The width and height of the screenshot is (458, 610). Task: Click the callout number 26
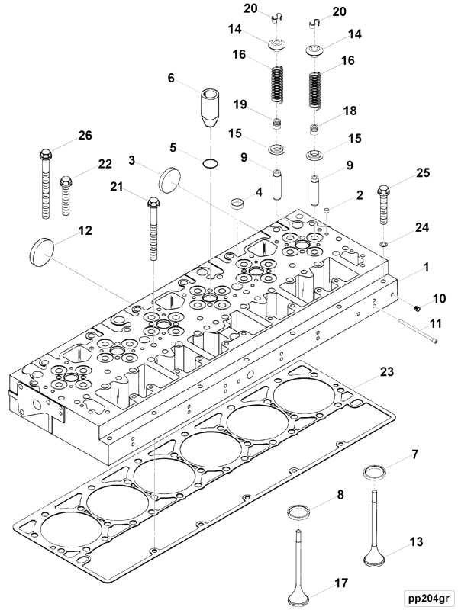85,136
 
